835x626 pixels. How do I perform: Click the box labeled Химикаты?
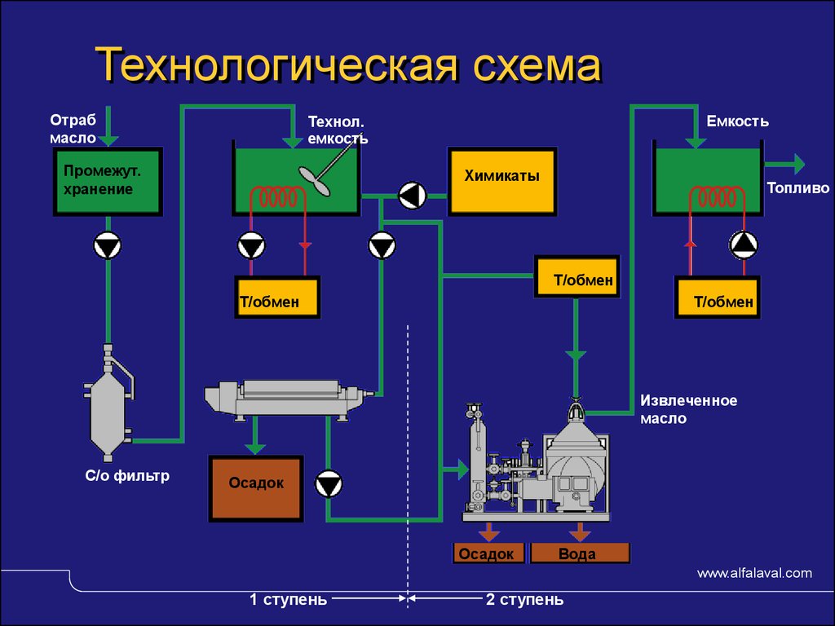point(502,182)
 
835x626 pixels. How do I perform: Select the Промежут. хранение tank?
point(108,182)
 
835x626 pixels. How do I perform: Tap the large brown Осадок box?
point(256,488)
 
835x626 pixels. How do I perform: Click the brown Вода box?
point(580,553)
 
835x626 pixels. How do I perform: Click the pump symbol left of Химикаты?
point(412,196)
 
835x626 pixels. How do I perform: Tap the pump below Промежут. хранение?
point(108,246)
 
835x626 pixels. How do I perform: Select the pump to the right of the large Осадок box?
point(329,484)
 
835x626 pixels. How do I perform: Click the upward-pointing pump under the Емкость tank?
point(744,245)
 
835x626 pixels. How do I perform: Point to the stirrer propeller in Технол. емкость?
point(314,181)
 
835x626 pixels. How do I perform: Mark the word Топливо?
point(797,188)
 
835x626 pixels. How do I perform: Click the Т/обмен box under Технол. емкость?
point(277,297)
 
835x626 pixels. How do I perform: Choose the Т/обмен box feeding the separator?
point(577,276)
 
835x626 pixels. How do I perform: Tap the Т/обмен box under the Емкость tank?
point(717,297)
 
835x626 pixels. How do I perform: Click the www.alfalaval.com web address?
point(754,573)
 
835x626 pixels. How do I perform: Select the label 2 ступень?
point(524,599)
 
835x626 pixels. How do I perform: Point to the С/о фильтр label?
point(127,475)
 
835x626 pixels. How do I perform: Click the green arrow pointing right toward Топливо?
point(784,164)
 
